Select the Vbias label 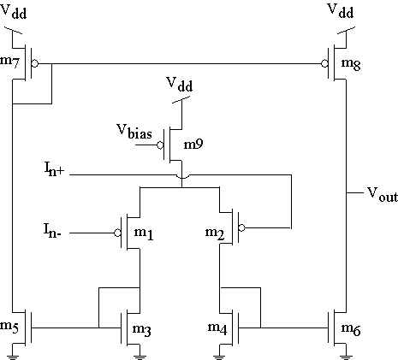coord(134,132)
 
